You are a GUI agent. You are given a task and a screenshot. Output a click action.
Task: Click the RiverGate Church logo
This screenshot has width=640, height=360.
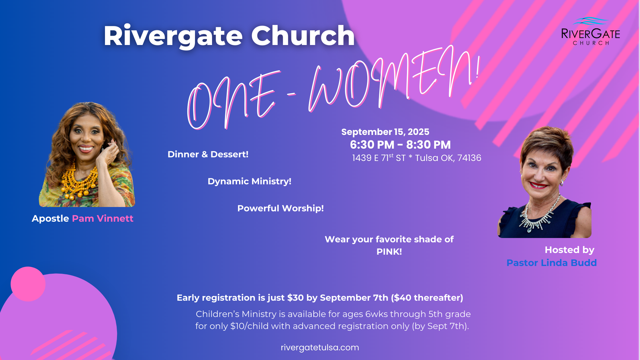[x=591, y=31]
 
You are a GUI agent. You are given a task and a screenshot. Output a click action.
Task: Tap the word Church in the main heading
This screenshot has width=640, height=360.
[x=303, y=36]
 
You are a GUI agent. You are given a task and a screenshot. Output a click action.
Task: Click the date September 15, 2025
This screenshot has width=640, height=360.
[x=385, y=132]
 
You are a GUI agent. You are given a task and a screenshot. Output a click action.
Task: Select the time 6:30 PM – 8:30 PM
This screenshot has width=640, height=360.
[x=400, y=145]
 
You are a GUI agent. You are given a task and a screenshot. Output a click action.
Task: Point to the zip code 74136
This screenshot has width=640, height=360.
[x=469, y=158]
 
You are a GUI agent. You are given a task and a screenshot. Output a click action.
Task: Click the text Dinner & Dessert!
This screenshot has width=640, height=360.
[x=208, y=154]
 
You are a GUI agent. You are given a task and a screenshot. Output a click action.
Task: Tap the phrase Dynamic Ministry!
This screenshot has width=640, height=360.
[x=249, y=181]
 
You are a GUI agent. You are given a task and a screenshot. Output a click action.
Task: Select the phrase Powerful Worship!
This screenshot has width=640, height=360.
[x=281, y=208]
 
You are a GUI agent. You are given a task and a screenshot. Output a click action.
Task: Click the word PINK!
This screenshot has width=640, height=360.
[x=389, y=252]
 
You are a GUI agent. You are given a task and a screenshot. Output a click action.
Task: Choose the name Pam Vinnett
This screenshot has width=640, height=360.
[x=103, y=218]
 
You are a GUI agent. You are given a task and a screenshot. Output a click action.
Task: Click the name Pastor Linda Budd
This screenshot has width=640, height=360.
[x=552, y=263]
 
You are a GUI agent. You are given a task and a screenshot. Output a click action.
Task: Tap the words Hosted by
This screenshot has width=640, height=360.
[x=569, y=250]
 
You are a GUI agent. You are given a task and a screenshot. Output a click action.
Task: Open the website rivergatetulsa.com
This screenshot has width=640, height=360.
[x=320, y=347]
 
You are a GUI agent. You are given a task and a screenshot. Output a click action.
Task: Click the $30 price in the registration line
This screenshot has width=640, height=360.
[x=295, y=298]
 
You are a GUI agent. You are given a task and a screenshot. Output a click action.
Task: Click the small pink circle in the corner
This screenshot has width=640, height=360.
[x=28, y=284]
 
